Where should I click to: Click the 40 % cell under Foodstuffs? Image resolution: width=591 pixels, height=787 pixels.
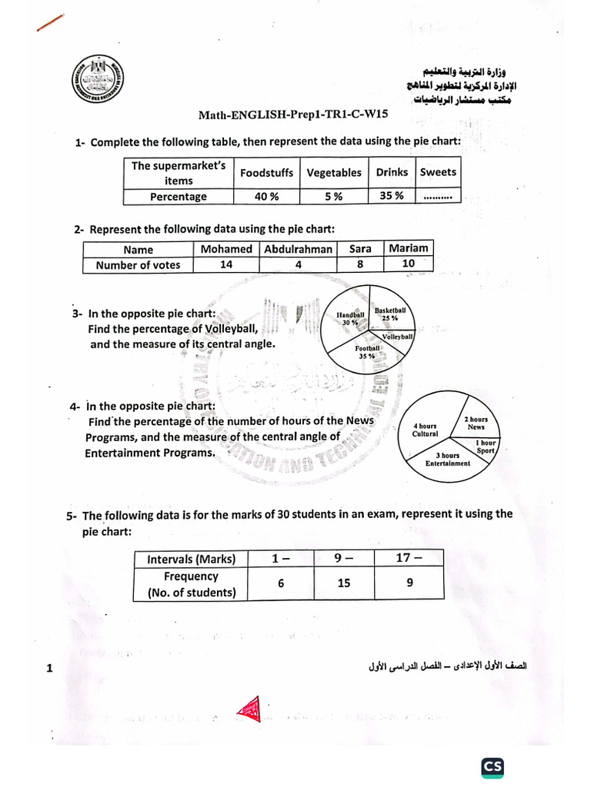[x=266, y=197]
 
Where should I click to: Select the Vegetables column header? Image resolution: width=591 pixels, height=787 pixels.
[x=333, y=173]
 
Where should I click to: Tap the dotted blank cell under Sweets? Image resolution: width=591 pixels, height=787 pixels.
[x=437, y=197]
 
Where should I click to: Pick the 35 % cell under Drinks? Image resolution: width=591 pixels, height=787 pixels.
[x=391, y=195]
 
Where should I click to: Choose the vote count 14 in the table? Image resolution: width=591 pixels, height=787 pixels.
[x=226, y=265]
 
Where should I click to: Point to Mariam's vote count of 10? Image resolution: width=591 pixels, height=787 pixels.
[x=408, y=264]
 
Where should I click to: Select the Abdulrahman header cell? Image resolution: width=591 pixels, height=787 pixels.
[x=298, y=249]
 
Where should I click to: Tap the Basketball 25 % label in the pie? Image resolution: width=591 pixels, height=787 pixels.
[x=390, y=314]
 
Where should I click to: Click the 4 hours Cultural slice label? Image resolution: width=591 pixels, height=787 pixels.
[x=426, y=430]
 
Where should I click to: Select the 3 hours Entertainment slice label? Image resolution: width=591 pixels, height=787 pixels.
[x=448, y=460]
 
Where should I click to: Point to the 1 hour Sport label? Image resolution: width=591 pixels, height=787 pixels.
[x=486, y=447]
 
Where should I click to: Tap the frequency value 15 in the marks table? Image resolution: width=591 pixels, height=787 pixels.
[x=343, y=583]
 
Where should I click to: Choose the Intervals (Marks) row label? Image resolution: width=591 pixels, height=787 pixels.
[x=192, y=559]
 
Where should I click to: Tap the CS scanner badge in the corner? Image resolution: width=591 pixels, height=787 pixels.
[x=492, y=766]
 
